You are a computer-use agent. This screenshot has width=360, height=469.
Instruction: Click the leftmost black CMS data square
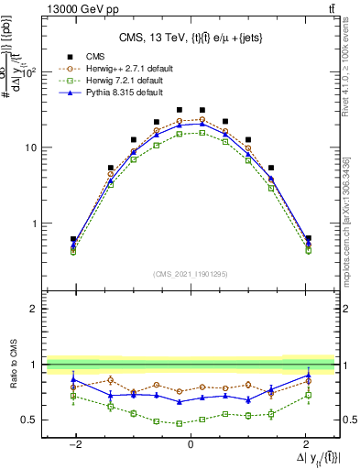(x=73, y=239)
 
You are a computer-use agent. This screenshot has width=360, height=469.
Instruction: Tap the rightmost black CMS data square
(x=308, y=238)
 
